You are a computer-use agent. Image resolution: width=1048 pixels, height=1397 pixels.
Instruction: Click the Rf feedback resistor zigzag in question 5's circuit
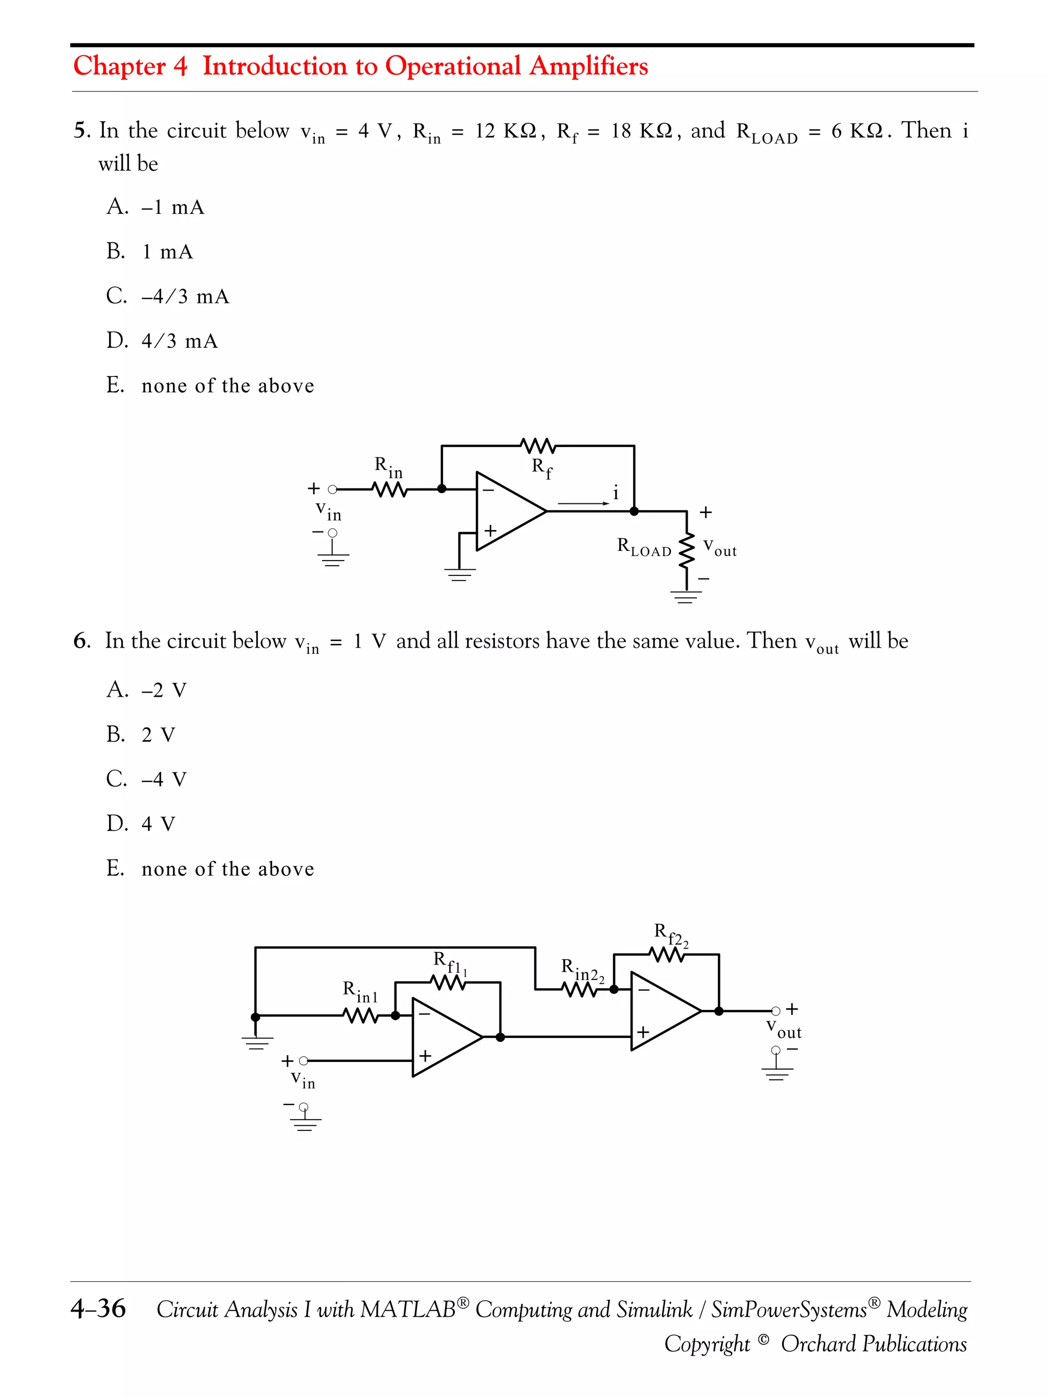click(538, 446)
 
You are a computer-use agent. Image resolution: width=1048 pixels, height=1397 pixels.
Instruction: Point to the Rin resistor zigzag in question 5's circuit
click(389, 489)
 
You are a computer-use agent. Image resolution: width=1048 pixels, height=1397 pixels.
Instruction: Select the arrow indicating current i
click(583, 503)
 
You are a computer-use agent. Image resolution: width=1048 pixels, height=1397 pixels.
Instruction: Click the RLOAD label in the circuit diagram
click(644, 547)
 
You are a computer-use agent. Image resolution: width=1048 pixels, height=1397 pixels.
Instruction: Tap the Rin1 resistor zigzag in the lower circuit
click(360, 1016)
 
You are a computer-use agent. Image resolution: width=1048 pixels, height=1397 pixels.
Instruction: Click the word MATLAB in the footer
click(408, 1309)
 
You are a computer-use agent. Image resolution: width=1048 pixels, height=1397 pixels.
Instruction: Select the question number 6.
click(81, 640)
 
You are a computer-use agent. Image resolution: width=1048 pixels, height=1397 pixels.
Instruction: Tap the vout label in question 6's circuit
click(783, 1029)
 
